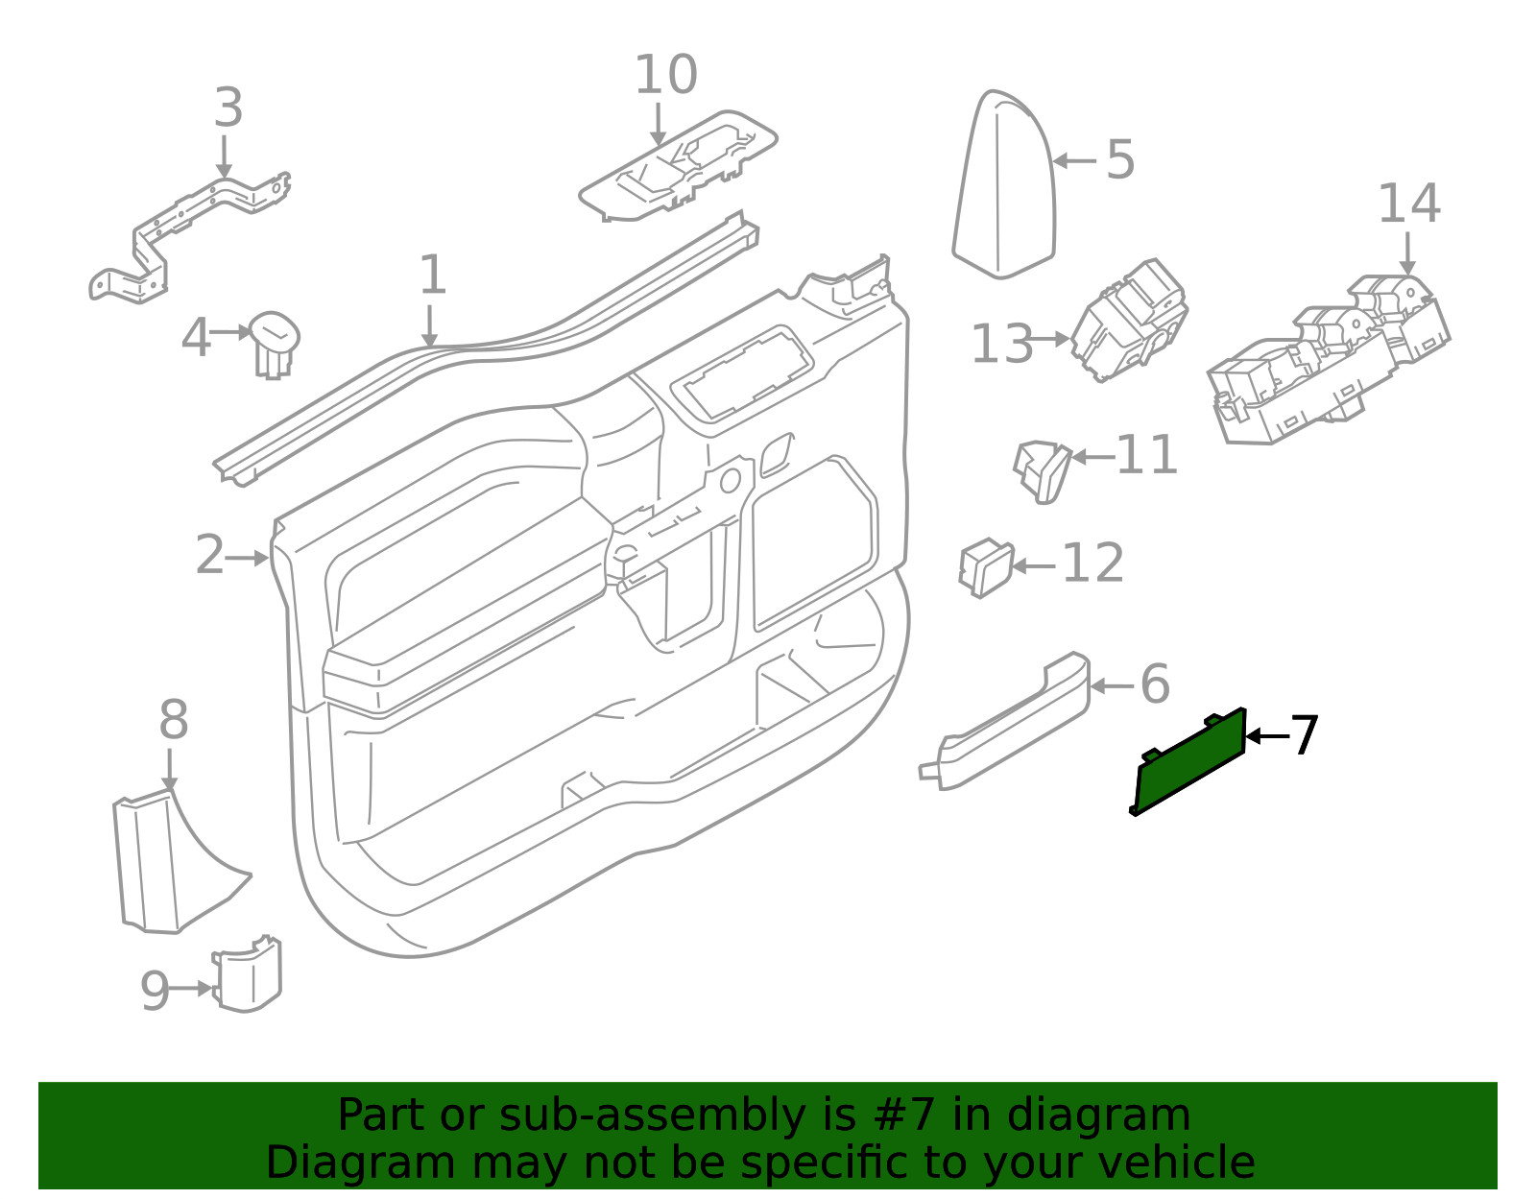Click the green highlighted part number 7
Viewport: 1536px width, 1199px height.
1190,763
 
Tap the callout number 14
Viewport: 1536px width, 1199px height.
1408,204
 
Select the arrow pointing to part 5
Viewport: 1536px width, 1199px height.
1074,160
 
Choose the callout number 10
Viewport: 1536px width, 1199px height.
665,75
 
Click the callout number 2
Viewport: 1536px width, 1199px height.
209,556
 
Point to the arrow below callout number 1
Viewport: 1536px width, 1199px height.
430,325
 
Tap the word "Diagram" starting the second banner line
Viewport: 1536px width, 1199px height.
360,1163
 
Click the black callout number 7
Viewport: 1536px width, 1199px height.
1304,736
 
